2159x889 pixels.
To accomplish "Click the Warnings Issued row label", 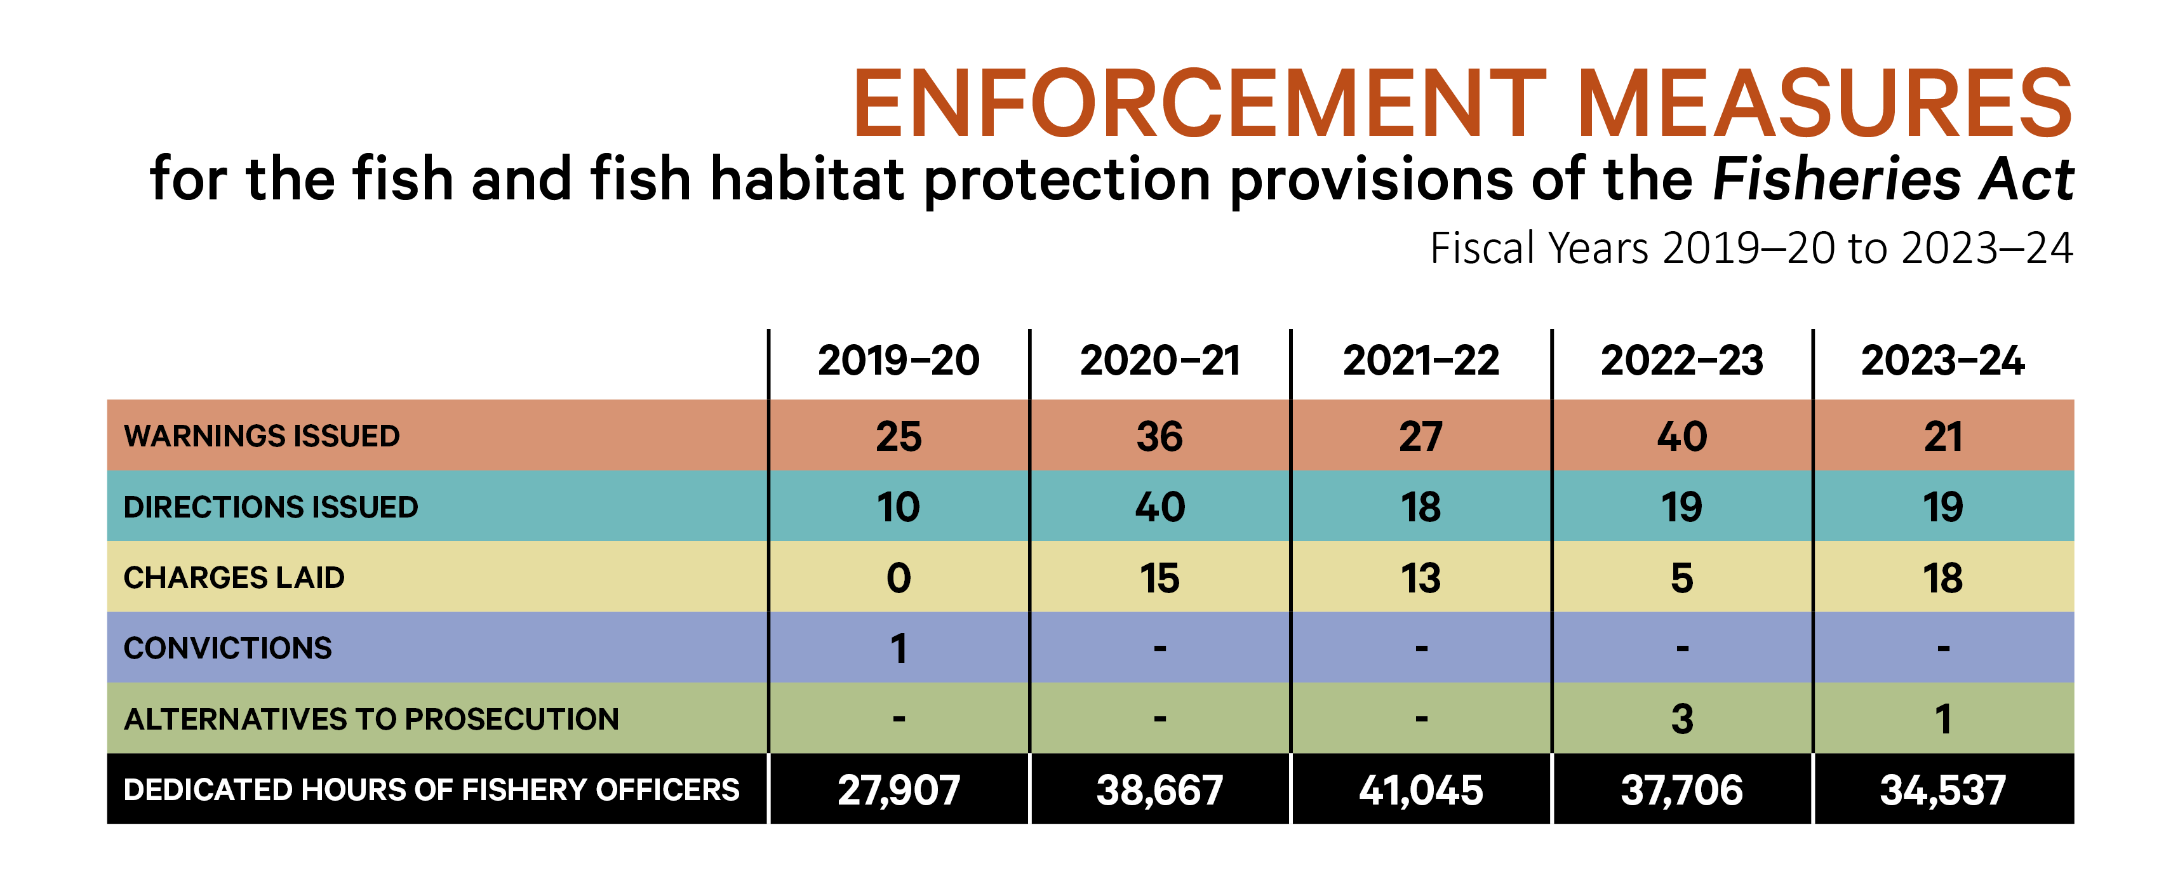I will point(262,436).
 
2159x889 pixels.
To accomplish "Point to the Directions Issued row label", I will point(270,507).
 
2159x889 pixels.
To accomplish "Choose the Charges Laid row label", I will point(234,578).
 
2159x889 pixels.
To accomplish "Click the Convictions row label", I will point(227,648).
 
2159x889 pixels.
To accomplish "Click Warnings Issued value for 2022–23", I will point(1681,436).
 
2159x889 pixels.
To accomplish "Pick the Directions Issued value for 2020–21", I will point(1160,507).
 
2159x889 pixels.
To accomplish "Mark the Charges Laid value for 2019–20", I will point(899,578).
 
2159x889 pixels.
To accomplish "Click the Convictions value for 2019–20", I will point(899,648).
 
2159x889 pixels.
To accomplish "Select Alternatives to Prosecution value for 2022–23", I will point(1681,719).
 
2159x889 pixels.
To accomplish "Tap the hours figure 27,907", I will point(899,790).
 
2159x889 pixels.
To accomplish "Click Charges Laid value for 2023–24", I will point(1942,578).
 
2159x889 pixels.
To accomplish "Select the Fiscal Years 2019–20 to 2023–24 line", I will point(1751,249).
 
